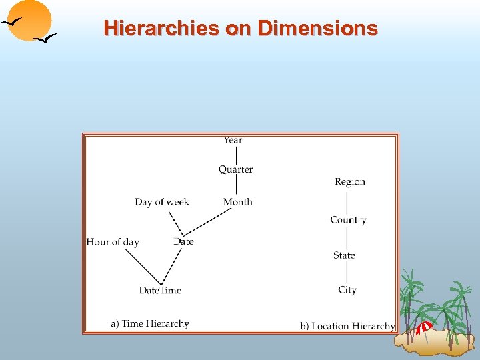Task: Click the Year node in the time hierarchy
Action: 233,140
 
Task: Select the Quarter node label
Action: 235,169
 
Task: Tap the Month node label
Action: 237,202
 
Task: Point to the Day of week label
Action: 162,202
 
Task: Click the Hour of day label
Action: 113,241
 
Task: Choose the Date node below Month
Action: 183,241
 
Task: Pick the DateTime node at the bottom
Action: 160,290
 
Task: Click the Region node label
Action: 350,181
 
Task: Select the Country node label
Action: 348,220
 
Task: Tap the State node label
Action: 344,255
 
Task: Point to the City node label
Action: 347,290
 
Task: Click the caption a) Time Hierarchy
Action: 150,324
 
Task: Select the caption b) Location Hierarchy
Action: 347,326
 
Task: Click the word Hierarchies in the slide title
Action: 155,29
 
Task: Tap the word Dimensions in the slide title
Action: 317,29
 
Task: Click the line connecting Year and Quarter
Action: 236,155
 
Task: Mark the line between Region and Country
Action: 348,200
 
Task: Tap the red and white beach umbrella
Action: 424,327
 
